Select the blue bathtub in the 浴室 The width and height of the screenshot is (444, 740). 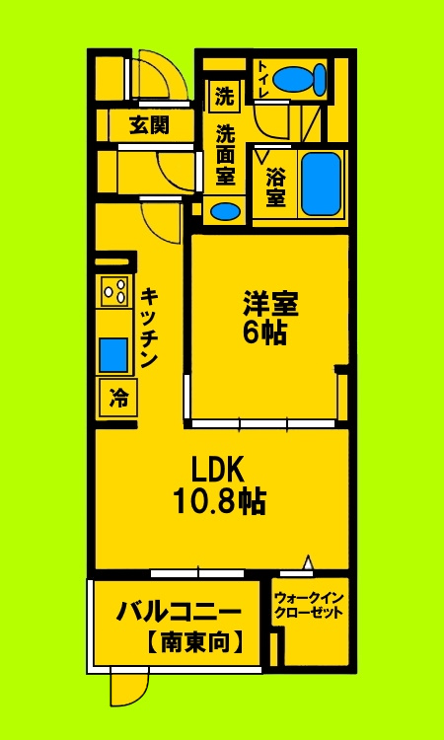tap(320, 184)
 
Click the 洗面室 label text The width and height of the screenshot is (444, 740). tap(226, 155)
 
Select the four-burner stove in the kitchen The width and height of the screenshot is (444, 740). tap(114, 291)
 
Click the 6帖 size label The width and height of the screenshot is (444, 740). tap(265, 333)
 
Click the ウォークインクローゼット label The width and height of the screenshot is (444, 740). tap(310, 604)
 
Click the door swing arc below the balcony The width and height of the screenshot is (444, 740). tap(129, 687)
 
